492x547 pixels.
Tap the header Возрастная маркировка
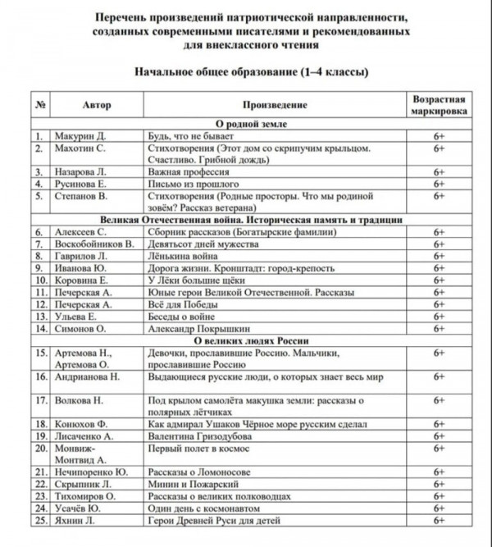click(439, 106)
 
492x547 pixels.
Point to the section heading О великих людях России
click(250, 340)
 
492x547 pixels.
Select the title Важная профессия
click(184, 172)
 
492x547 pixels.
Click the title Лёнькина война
click(184, 256)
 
